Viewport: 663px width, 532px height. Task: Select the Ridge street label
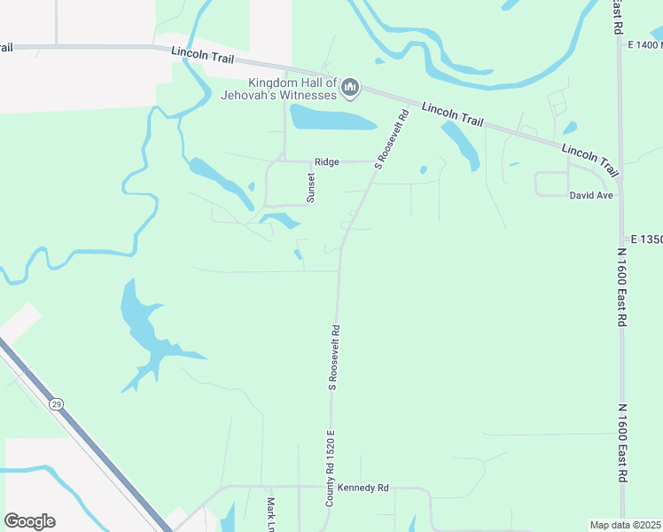point(326,162)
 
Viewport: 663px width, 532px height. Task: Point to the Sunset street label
point(311,187)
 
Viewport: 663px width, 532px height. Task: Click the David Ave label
point(591,194)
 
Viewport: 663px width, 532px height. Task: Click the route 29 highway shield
point(57,404)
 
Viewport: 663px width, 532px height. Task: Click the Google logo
point(29,521)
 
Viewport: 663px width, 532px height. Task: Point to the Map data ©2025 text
point(625,525)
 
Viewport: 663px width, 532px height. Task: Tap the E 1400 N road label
point(644,44)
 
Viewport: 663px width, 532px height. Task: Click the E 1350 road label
point(647,239)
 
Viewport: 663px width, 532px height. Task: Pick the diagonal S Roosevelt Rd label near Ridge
point(392,139)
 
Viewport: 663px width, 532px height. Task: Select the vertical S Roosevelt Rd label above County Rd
point(335,356)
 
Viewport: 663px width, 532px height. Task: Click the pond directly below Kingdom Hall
point(331,117)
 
